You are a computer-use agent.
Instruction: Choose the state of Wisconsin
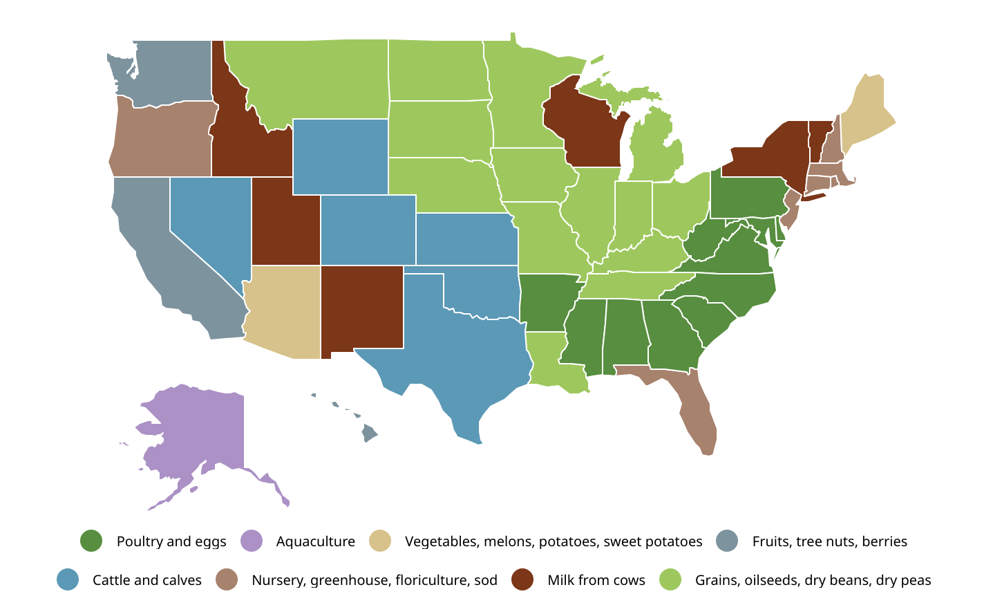tap(584, 128)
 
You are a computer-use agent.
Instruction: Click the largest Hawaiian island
tap(370, 434)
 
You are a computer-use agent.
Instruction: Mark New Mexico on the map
tap(361, 308)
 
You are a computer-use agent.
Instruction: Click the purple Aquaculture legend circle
tap(252, 541)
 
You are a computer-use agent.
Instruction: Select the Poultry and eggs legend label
tap(171, 541)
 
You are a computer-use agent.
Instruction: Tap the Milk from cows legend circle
tap(523, 580)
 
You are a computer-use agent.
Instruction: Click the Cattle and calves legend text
tap(147, 580)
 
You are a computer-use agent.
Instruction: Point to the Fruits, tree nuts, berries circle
tap(728, 541)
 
